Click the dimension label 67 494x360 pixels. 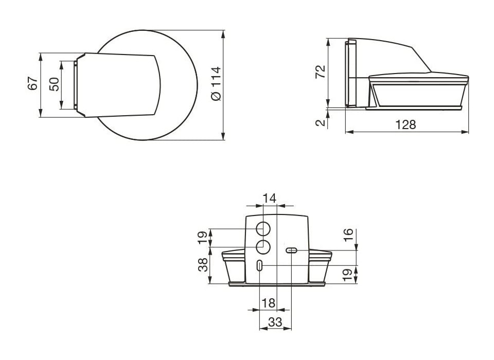[33, 83]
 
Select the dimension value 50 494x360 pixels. [54, 84]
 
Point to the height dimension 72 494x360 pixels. [320, 72]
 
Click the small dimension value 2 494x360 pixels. [320, 122]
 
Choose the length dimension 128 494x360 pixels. [406, 125]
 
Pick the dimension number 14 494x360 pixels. [269, 199]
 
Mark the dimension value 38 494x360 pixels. [203, 264]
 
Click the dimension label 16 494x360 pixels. [348, 235]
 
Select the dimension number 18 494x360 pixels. [269, 303]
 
